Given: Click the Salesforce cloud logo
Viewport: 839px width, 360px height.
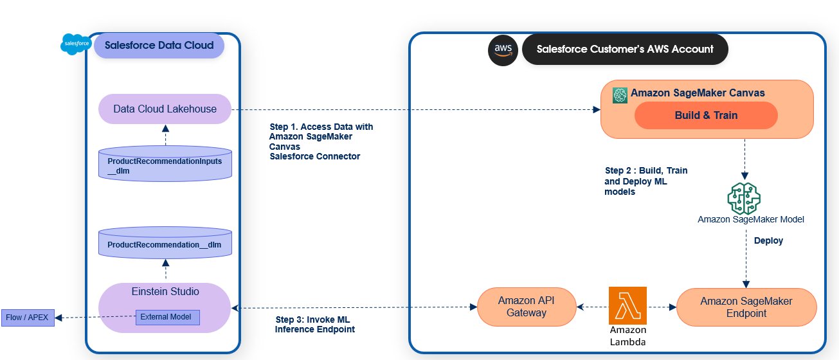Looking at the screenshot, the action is (x=76, y=44).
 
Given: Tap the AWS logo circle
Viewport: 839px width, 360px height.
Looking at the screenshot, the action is (x=503, y=50).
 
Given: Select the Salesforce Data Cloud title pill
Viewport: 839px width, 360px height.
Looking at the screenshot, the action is (x=159, y=46).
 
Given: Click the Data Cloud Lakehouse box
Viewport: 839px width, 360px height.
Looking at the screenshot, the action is (x=165, y=109).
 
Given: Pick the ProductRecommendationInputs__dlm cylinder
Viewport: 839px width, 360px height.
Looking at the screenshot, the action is (x=165, y=164).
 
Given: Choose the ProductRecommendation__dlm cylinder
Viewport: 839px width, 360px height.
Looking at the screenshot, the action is (x=165, y=242).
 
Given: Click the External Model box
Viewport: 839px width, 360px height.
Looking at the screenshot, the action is (x=167, y=318).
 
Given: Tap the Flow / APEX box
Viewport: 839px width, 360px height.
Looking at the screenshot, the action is (x=28, y=318).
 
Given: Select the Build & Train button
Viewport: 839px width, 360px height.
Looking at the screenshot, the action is (x=706, y=115).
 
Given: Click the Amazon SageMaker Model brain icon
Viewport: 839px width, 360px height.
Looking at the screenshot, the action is (x=744, y=199).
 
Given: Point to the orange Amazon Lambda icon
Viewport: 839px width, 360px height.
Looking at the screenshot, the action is (x=627, y=306).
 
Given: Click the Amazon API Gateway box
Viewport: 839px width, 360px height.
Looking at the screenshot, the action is (x=527, y=307).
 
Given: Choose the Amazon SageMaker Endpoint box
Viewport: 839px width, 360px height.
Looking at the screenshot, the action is (x=746, y=307).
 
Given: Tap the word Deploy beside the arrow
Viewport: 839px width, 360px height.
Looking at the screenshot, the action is (x=768, y=240).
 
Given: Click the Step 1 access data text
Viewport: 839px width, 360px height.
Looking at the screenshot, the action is (x=321, y=141).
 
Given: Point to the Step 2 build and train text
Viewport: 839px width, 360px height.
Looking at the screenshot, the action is (x=646, y=181).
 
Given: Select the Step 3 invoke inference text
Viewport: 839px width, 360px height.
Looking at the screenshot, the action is (x=314, y=325).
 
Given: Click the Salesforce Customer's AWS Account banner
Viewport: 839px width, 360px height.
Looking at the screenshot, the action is (x=625, y=49).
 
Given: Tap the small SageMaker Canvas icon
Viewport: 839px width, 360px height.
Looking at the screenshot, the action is (x=620, y=96).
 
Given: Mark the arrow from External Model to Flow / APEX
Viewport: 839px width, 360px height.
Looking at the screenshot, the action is (x=95, y=317).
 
